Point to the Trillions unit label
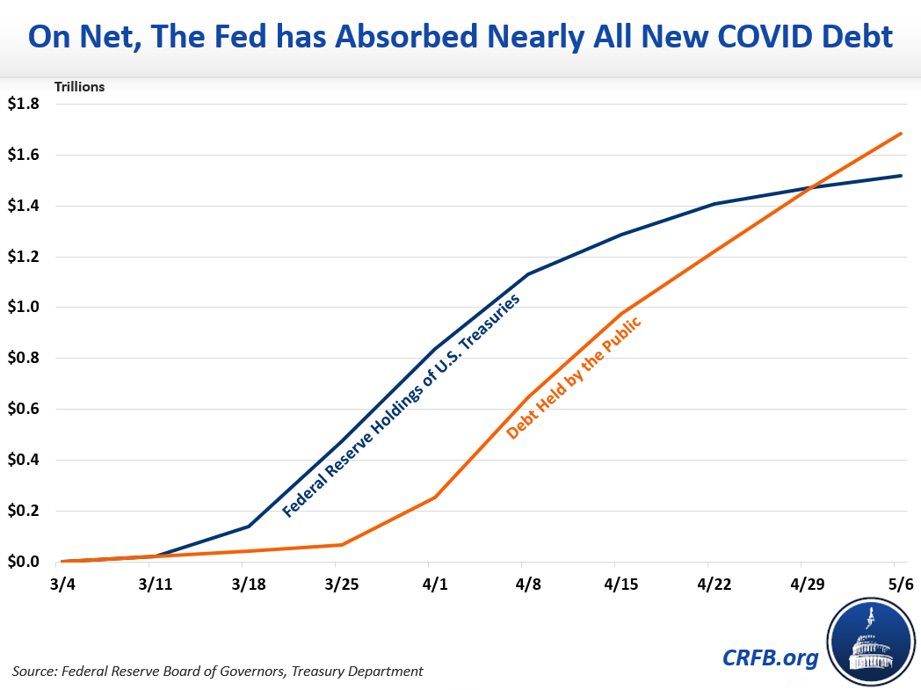coord(80,87)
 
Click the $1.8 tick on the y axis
coord(24,104)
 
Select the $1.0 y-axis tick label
coord(24,308)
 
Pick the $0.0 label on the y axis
coord(24,562)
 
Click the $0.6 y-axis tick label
coord(24,410)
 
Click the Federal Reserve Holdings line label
coord(401,404)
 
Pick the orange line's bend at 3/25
coord(342,545)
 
